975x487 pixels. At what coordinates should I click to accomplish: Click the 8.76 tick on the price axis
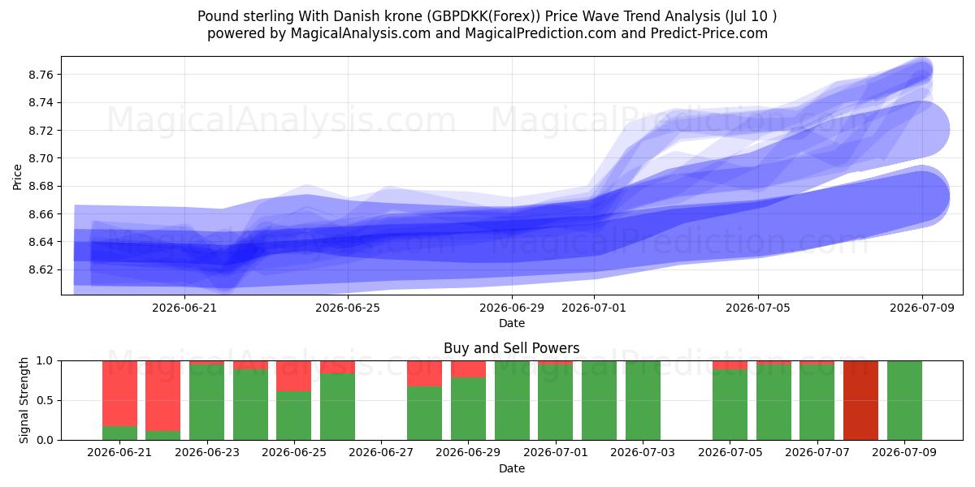(41, 75)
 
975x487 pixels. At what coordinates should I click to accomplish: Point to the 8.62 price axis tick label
(41, 269)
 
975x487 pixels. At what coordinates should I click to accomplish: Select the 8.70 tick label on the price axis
(41, 158)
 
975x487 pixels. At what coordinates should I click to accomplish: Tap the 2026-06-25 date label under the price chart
(348, 308)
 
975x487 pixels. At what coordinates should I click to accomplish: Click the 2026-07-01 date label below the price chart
(594, 308)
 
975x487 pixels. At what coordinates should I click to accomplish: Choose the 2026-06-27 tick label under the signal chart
(381, 452)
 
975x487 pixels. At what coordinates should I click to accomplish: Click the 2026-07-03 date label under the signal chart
(643, 452)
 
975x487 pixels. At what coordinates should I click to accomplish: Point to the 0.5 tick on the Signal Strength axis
(45, 400)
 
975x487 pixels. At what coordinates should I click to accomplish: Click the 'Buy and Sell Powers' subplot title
(511, 348)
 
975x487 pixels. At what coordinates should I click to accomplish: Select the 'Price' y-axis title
(17, 177)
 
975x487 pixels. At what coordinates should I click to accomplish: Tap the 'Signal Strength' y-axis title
(24, 400)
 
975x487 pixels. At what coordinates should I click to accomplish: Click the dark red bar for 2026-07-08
(860, 400)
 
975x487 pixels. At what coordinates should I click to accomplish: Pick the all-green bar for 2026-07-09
(904, 400)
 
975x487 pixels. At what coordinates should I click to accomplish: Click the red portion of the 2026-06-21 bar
(119, 394)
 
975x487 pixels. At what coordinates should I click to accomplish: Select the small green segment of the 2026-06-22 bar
(162, 435)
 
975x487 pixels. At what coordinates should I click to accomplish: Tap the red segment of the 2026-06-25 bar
(294, 376)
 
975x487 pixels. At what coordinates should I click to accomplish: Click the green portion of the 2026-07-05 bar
(730, 405)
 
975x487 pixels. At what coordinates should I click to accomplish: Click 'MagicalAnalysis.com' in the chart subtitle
(361, 33)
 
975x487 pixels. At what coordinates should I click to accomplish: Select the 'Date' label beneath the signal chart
(511, 468)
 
